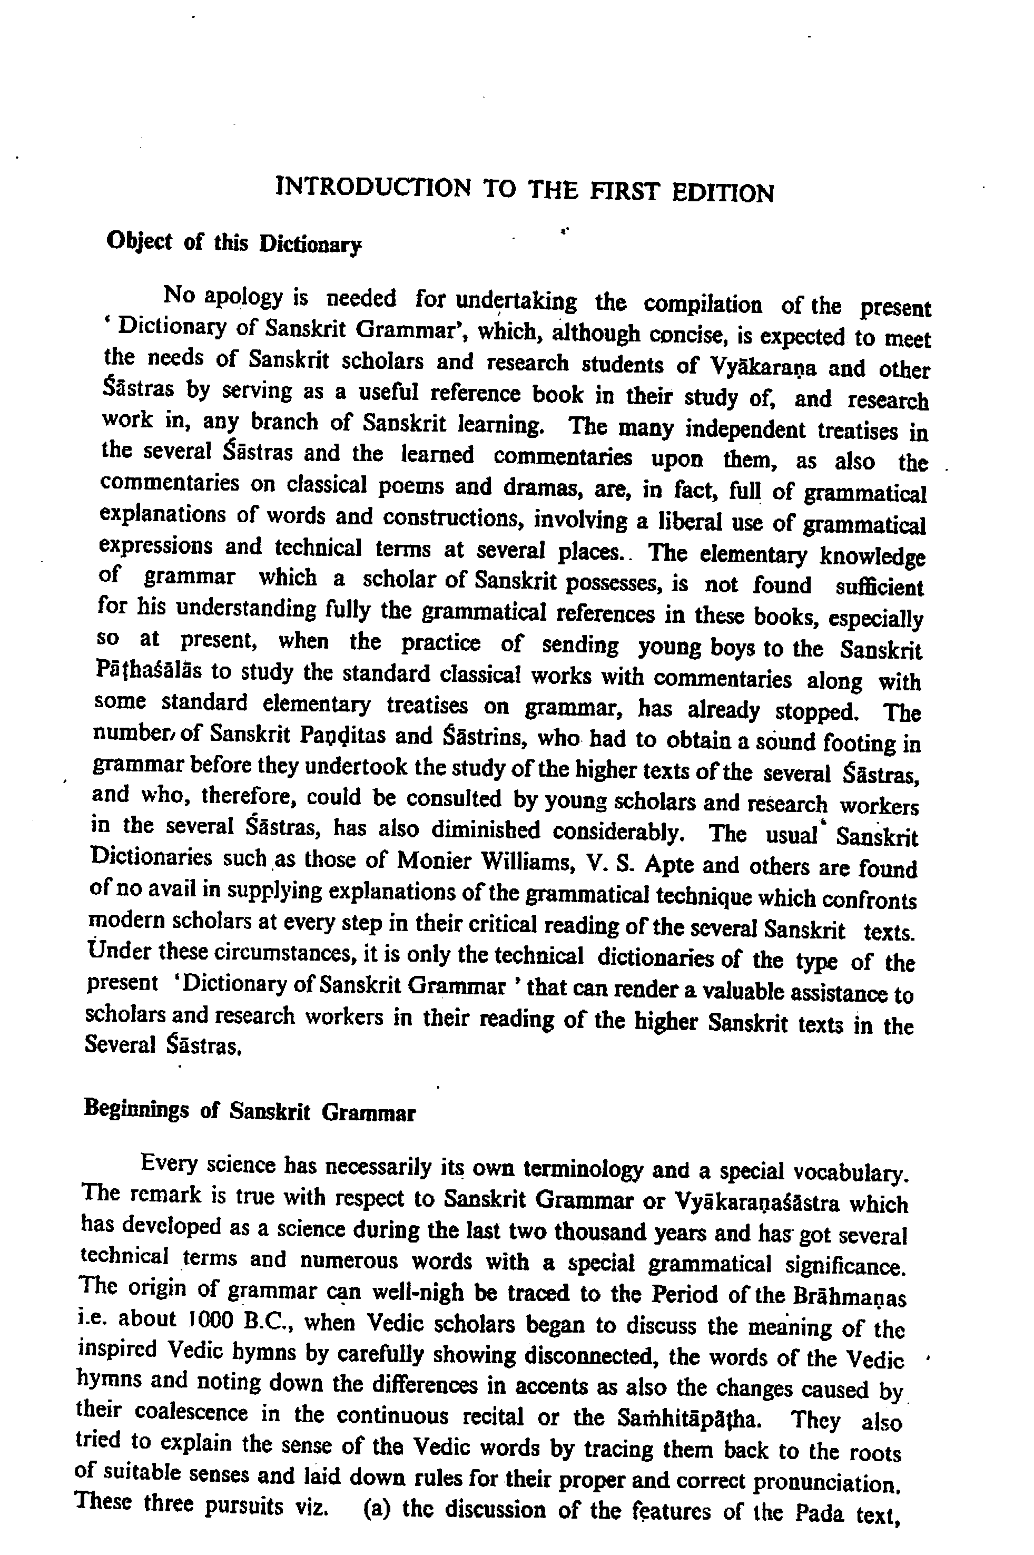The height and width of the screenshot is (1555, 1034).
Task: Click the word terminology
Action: click(581, 1169)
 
